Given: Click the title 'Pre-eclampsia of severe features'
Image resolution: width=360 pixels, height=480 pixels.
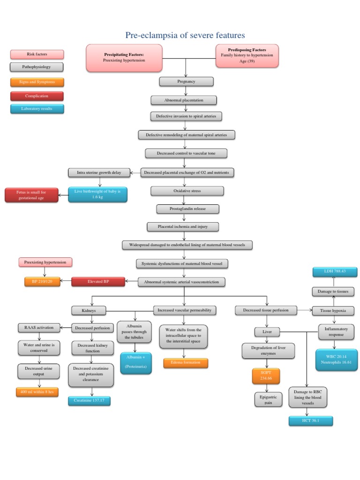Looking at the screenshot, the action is (185, 35).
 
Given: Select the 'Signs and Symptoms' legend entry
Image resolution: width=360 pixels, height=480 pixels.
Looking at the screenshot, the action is (37, 82).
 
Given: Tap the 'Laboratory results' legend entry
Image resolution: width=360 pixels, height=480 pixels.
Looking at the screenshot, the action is (37, 109).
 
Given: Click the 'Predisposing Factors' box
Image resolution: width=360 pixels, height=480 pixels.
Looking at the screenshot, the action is (247, 56).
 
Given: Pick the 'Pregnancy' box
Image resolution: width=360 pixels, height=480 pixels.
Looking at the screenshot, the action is (186, 82).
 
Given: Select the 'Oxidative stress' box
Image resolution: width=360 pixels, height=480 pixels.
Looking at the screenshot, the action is (187, 191).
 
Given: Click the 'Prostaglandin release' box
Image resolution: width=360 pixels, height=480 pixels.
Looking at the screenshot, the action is (187, 209).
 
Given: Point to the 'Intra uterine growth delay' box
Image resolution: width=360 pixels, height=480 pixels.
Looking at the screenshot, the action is (99, 172).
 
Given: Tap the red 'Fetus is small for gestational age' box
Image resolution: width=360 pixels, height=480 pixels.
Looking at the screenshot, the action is (31, 195).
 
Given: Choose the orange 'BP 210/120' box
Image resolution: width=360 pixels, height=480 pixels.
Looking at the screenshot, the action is (42, 282).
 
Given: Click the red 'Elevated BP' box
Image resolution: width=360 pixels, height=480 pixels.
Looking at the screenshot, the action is (98, 282).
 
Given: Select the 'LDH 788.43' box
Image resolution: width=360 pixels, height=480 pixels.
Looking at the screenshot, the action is (335, 271).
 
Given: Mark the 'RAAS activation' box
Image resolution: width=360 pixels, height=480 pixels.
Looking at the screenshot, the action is (39, 328).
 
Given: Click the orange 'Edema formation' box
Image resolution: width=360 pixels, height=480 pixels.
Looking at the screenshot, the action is (186, 363).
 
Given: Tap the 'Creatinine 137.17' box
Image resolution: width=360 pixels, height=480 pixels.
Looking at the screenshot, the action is (89, 400).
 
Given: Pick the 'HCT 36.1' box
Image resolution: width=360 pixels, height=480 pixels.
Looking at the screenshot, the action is (311, 421).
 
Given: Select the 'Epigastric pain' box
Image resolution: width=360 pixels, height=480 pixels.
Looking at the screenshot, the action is (268, 400).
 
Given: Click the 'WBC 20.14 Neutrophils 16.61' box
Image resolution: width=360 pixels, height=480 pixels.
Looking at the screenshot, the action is (336, 360).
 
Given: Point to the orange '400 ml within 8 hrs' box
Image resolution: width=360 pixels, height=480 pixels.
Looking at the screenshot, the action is (37, 392).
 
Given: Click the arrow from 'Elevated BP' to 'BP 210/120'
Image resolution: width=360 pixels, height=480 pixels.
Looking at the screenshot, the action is (66, 281).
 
